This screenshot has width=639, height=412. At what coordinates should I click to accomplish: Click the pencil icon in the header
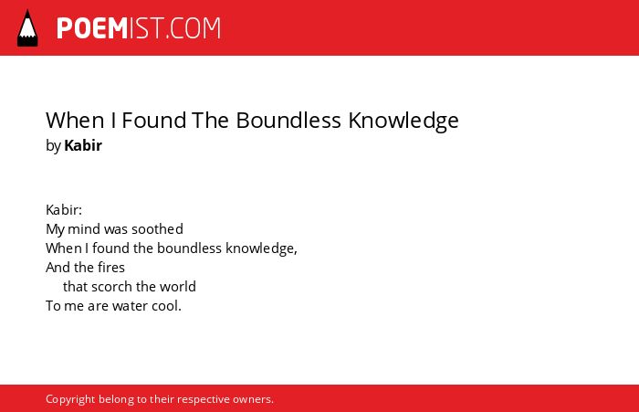(x=27, y=28)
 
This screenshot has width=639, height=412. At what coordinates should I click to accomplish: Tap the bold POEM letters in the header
(x=92, y=28)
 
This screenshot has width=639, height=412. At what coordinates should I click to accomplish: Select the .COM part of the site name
(x=193, y=28)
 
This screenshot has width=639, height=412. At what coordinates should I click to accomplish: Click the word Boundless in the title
(x=288, y=121)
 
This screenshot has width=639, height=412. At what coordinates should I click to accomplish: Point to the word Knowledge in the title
(x=403, y=121)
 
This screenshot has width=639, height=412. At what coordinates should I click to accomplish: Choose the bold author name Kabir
(x=83, y=145)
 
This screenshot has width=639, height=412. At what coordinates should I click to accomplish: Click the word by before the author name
(x=53, y=146)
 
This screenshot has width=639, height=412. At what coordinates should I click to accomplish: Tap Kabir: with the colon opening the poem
(x=64, y=210)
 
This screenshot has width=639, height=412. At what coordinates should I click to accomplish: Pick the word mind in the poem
(x=84, y=229)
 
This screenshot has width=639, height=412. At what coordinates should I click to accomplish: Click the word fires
(x=111, y=268)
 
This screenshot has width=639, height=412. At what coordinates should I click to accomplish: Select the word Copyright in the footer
(x=70, y=399)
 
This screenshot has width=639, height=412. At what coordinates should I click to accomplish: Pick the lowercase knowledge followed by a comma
(x=262, y=248)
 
